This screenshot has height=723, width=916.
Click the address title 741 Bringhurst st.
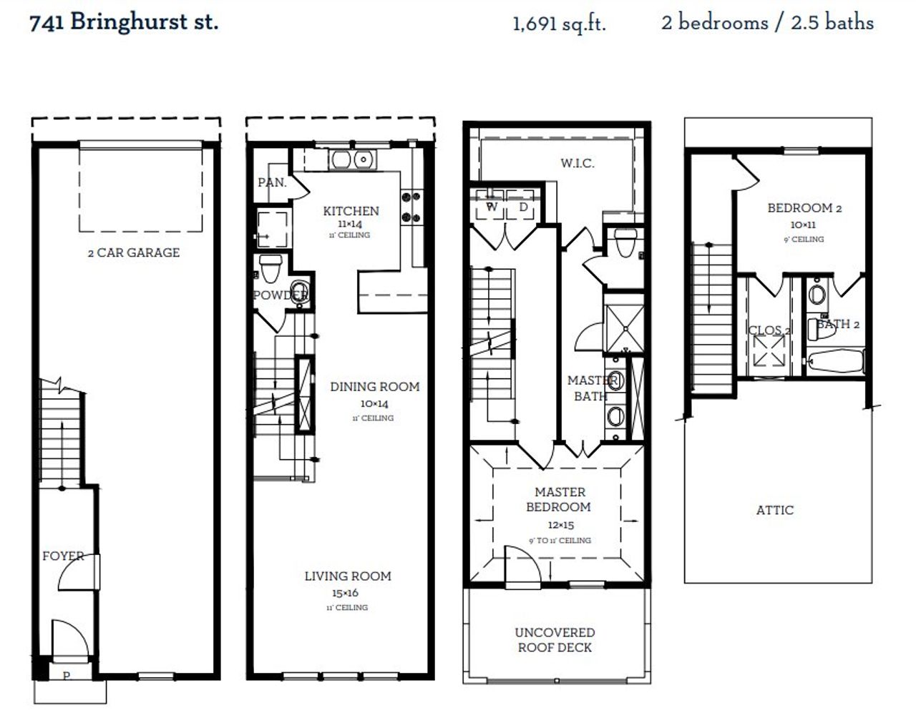coord(124,22)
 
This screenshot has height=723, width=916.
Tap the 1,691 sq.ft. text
coord(559,24)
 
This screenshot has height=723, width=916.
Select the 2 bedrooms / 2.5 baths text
coord(767,23)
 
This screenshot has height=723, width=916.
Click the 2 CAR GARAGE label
coord(134,252)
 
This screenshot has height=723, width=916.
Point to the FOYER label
coord(62,556)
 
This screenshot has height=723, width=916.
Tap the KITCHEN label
coord(351,211)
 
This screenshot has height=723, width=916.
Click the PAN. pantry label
coord(271,182)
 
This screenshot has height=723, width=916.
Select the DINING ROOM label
coord(374,387)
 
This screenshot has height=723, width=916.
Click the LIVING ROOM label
coord(348,576)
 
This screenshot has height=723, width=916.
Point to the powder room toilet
coord(270,270)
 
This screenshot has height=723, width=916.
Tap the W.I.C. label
coord(577,164)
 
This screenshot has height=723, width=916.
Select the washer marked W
coord(492,207)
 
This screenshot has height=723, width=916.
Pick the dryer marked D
coord(523,207)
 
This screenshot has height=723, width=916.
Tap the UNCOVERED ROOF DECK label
coord(555,640)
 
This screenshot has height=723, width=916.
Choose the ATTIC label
coord(774,511)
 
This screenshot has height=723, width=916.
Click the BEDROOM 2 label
coord(804,208)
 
